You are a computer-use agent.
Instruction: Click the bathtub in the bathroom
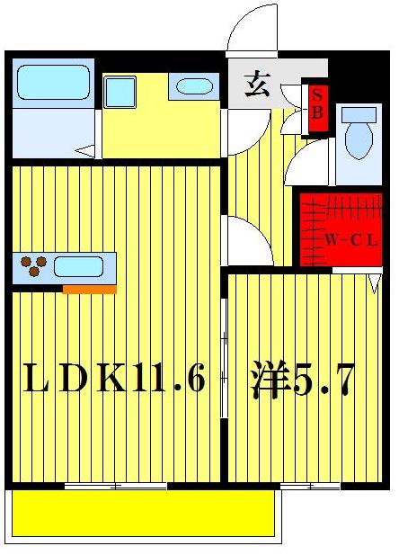coord(53,83)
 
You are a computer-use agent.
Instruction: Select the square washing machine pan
coord(119,92)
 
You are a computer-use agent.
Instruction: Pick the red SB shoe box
coord(317,104)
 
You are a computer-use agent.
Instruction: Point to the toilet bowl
coord(359,133)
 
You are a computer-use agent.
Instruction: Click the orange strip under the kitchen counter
coord(89,289)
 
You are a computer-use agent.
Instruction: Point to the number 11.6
coord(170,379)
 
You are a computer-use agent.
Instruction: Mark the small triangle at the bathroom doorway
coord(85,152)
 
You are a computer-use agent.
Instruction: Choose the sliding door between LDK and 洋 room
coord(224,360)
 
